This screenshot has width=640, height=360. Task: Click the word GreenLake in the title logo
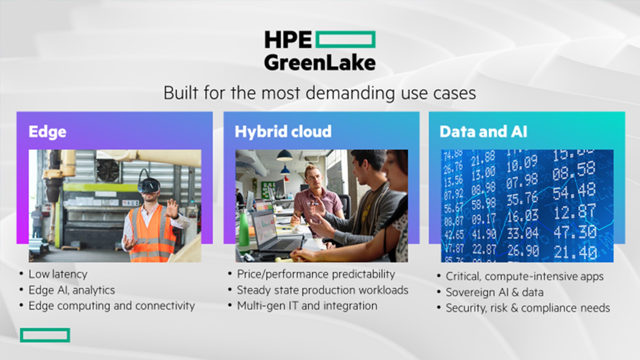tap(320, 63)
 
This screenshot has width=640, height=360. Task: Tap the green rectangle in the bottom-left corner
tap(45, 335)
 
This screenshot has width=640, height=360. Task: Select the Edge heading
tap(47, 132)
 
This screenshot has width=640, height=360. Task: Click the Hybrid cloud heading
tap(283, 132)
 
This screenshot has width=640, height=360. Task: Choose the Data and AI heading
tap(483, 132)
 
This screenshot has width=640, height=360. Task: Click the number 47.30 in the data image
tap(575, 232)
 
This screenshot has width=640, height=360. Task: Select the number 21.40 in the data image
tap(575, 252)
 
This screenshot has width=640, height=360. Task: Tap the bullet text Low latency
tap(58, 274)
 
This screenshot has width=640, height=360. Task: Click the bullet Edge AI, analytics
tap(72, 290)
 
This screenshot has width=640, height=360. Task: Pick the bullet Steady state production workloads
tap(323, 290)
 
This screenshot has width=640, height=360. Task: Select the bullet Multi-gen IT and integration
tap(307, 306)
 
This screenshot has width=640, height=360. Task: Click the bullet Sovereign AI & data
tap(495, 292)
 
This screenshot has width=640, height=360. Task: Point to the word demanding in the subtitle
tap(350, 93)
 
